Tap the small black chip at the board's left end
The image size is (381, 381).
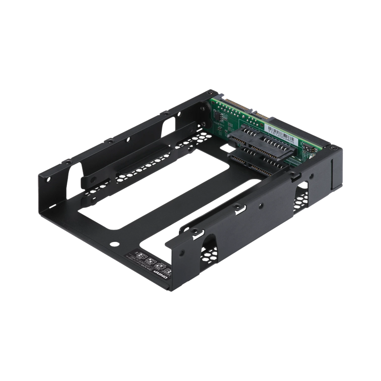click(x=218, y=113)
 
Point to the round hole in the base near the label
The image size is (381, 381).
click(x=116, y=243)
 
